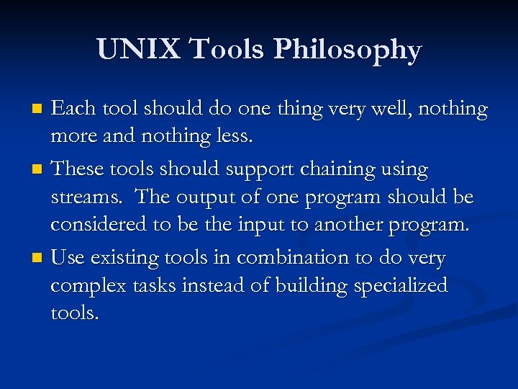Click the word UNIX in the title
pyautogui.click(x=138, y=50)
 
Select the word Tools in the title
pyautogui.click(x=228, y=50)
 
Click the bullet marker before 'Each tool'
pyautogui.click(x=40, y=110)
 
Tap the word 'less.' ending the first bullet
pyautogui.click(x=233, y=136)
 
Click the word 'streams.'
pyautogui.click(x=89, y=197)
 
